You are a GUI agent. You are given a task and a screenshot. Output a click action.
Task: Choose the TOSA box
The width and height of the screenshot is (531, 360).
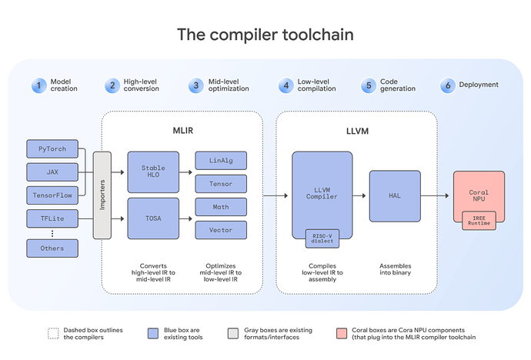(x=153, y=218)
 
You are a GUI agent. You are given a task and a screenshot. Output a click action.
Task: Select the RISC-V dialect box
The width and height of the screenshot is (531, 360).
(x=322, y=238)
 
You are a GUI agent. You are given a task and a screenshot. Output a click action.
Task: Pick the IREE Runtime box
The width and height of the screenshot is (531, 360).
(x=479, y=221)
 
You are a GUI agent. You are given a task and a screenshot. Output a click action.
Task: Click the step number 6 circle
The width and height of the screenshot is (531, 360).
(x=446, y=85)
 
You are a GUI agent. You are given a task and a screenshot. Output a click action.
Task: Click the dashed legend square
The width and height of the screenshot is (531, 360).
(x=52, y=334)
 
